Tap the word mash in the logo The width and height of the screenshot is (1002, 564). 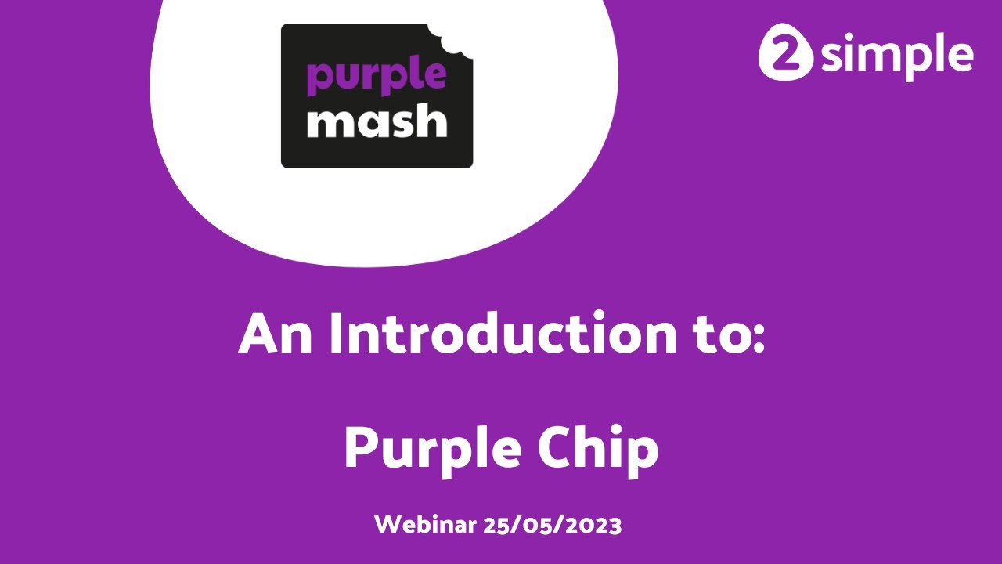(376, 122)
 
